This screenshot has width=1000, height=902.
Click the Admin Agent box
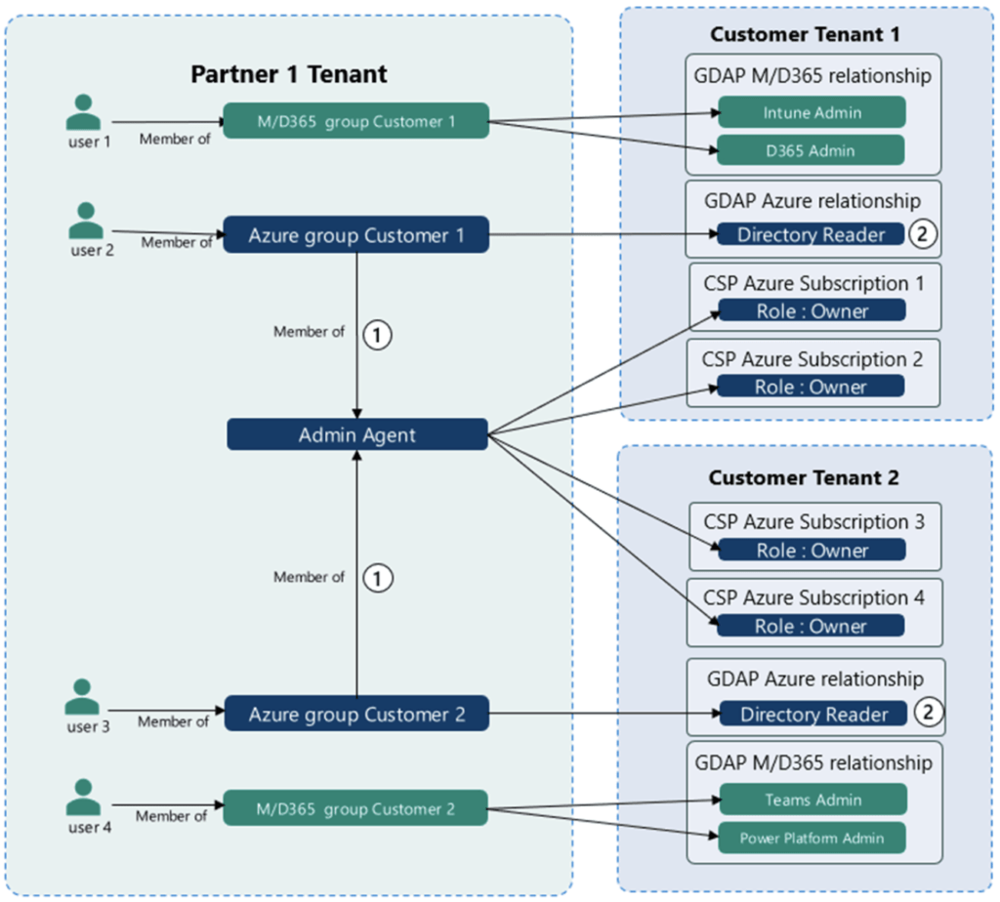(357, 434)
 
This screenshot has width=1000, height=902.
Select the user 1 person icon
(84, 112)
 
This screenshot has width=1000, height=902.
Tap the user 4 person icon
(84, 797)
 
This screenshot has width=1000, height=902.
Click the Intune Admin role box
(812, 112)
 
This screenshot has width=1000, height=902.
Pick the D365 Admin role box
(811, 150)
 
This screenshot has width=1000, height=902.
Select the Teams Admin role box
(813, 799)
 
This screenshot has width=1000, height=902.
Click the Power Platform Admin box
(812, 838)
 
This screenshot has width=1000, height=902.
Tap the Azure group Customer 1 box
(355, 234)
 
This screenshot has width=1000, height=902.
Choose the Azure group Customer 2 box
(356, 714)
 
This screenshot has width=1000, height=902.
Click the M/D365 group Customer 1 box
(355, 120)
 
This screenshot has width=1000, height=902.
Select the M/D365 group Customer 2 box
(355, 808)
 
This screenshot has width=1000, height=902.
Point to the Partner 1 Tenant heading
(289, 74)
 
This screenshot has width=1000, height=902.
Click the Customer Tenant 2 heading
(804, 477)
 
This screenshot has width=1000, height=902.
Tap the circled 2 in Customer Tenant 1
(922, 234)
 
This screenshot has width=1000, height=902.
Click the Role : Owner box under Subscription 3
(812, 550)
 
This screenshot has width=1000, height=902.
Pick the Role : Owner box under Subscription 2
(811, 386)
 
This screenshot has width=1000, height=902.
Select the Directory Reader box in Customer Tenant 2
(813, 714)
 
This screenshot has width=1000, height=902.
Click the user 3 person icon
(82, 697)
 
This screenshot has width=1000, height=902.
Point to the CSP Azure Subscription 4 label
(813, 597)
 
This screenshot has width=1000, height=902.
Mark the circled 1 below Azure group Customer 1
(378, 335)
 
